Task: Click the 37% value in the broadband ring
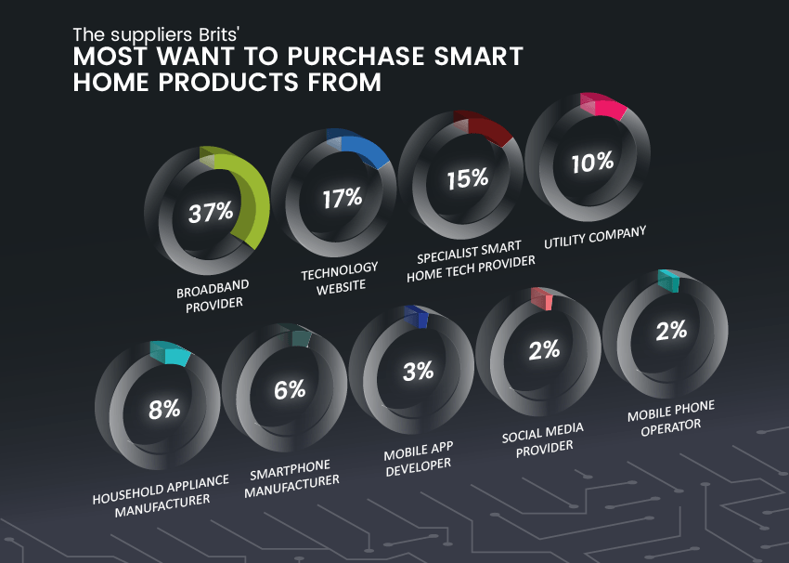[211, 212]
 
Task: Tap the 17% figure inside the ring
[342, 197]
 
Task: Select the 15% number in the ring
[467, 178]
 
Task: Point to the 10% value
[592, 163]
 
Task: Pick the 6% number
[290, 389]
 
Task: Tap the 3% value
[418, 371]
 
